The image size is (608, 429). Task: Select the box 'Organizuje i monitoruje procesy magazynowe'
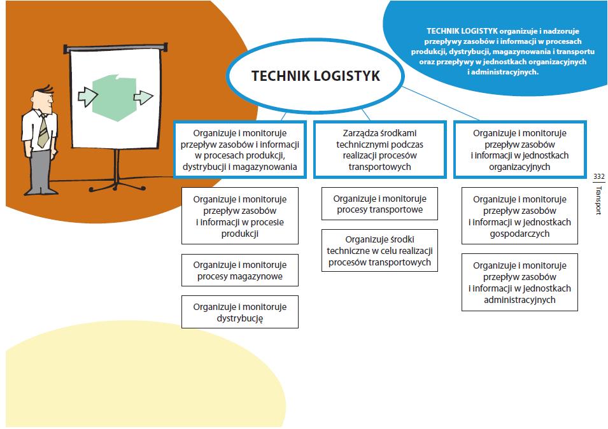[240, 271]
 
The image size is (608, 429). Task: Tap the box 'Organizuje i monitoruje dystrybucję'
[240, 312]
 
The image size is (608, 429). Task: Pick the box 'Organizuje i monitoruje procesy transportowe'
[379, 204]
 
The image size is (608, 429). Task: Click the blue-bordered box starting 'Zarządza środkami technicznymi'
[379, 150]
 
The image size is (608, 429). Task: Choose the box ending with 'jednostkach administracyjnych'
[520, 283]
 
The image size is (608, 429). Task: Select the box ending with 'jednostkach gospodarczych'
[520, 216]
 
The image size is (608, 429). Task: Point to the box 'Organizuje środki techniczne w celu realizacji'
[379, 251]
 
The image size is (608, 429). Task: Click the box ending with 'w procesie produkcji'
[240, 216]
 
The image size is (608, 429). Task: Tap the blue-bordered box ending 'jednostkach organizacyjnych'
[520, 150]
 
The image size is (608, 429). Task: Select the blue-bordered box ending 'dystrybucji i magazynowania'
[240, 150]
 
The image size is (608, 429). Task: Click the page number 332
[598, 176]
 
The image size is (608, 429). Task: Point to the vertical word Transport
[598, 200]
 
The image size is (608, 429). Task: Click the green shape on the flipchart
[114, 96]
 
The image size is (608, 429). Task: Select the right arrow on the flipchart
[143, 97]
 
